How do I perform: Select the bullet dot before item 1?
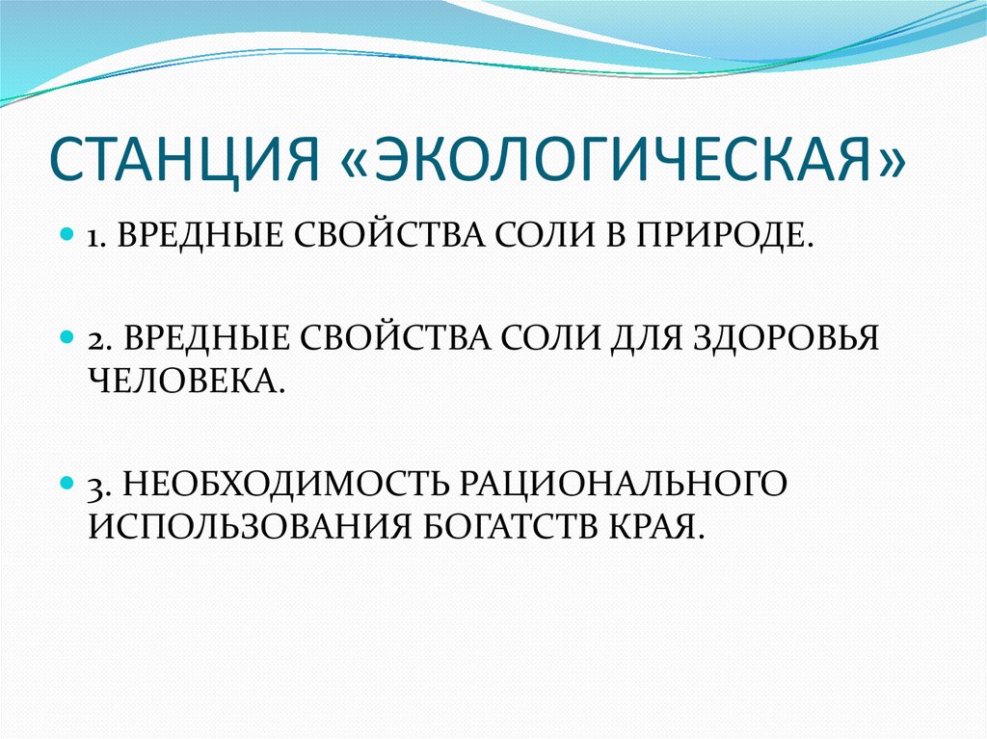point(67,234)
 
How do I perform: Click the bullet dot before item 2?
point(67,339)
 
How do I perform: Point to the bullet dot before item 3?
point(67,479)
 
